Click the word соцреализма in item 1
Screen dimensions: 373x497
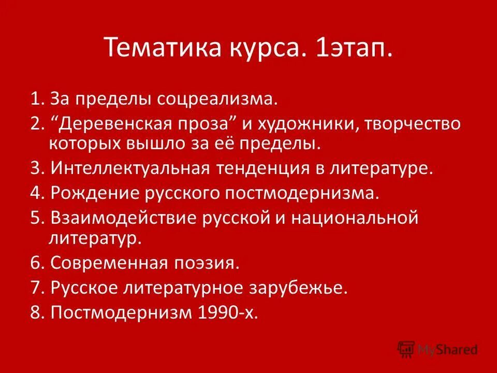coord(220,98)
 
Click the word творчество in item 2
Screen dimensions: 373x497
coord(414,125)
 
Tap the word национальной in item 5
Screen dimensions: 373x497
coord(354,218)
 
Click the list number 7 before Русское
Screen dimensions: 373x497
coord(36,288)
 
